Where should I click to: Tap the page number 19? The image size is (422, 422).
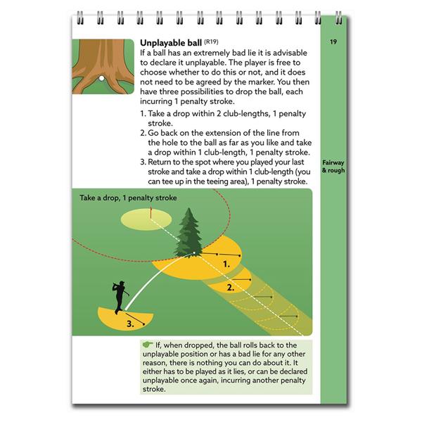(334, 43)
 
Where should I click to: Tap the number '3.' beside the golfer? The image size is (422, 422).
(131, 324)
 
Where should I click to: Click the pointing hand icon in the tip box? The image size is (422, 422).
(147, 345)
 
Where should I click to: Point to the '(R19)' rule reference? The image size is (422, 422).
(207, 41)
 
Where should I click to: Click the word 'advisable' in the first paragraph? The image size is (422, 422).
(287, 53)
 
